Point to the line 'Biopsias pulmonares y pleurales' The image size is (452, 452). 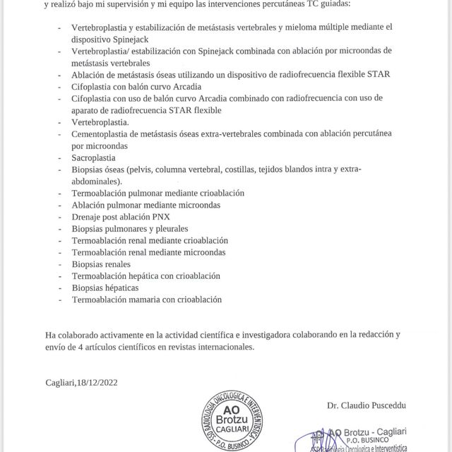click(x=130, y=229)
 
